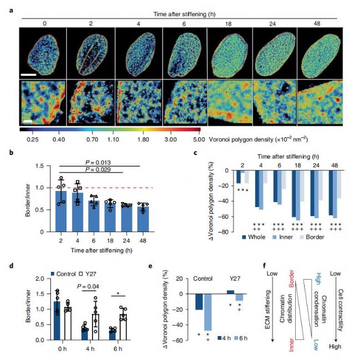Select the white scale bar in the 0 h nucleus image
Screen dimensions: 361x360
[x=30, y=73]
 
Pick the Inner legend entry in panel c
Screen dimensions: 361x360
[x=285, y=237]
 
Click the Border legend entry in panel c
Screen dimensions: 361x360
[x=315, y=237]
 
